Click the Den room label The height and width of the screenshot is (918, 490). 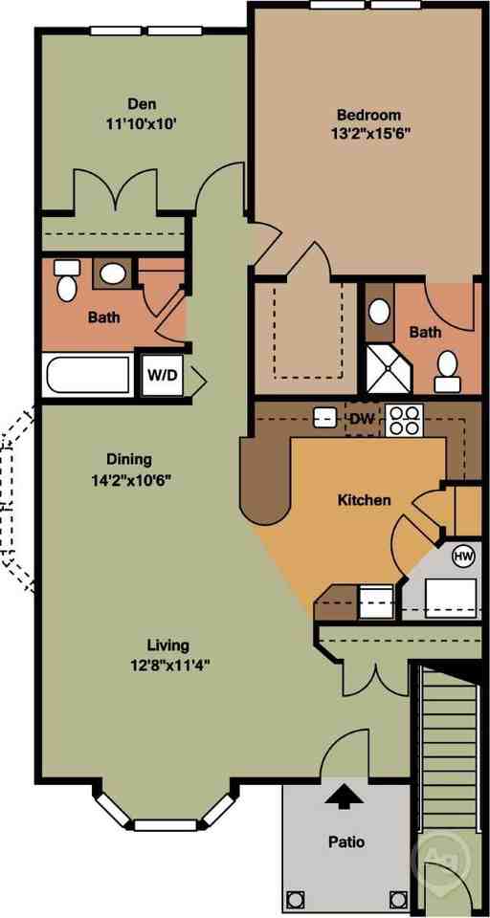point(142,103)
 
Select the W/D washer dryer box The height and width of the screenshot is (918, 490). point(162,375)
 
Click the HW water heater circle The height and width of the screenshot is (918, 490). point(463,556)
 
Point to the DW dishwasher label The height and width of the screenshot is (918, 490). point(361,418)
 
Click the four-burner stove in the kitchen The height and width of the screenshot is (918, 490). point(404,419)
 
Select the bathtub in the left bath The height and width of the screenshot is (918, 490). point(88,374)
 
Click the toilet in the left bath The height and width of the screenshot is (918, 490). point(66,279)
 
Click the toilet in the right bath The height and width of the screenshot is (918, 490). point(447,371)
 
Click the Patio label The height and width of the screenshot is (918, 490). point(345,842)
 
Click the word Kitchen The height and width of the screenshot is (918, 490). point(364,500)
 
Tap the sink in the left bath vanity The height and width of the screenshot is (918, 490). point(113,274)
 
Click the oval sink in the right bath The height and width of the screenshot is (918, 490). point(380,312)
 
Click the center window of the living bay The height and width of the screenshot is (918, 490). point(165,824)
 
